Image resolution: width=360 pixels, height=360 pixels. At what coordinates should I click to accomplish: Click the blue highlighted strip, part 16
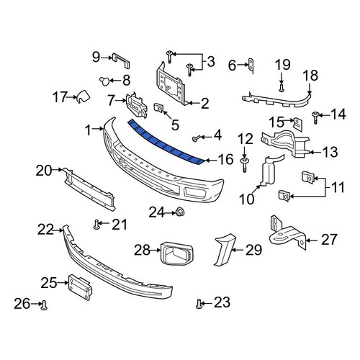click(x=166, y=144)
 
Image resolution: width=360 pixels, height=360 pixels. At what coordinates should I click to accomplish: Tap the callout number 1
click(x=89, y=130)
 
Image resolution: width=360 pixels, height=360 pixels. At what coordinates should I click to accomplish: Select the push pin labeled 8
click(x=104, y=81)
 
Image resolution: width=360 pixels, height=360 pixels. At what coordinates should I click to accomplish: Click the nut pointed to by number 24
click(x=180, y=212)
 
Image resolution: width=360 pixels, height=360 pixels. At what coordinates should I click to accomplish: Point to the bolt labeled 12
click(x=244, y=164)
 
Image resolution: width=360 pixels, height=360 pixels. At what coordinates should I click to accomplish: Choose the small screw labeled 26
click(x=44, y=305)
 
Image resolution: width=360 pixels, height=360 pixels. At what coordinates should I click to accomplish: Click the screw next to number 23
click(x=199, y=304)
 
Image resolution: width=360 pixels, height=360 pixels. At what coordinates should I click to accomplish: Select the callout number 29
click(x=253, y=250)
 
